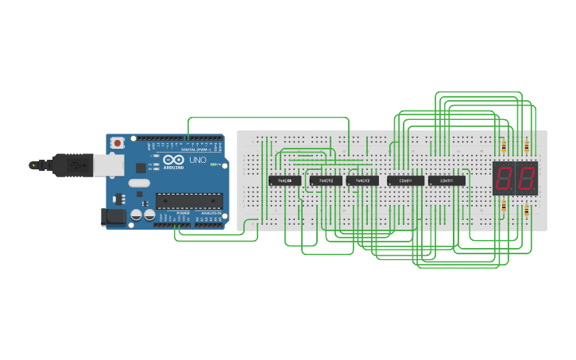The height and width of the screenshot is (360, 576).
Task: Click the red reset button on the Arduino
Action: click(x=118, y=143)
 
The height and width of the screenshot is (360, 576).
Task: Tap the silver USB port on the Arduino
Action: click(x=109, y=165)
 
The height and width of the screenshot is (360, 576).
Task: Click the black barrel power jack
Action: click(x=114, y=216)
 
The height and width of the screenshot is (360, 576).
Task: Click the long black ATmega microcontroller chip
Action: click(x=188, y=202)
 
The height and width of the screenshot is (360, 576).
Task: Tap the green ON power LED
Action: click(x=209, y=165)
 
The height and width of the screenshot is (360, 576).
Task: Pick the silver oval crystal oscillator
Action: click(x=138, y=183)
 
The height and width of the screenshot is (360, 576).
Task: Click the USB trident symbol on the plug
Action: click(x=77, y=165)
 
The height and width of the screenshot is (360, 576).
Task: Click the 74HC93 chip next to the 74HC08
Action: click(x=326, y=180)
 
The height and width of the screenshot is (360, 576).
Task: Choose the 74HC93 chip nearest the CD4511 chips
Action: click(x=362, y=180)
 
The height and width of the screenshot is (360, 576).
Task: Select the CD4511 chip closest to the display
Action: click(x=446, y=180)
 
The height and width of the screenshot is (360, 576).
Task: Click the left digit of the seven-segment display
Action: click(x=504, y=179)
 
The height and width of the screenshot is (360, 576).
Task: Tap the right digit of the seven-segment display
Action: click(x=527, y=179)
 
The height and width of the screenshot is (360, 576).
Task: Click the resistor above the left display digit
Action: click(x=504, y=146)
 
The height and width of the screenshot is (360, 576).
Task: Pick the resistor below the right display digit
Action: click(x=527, y=210)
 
